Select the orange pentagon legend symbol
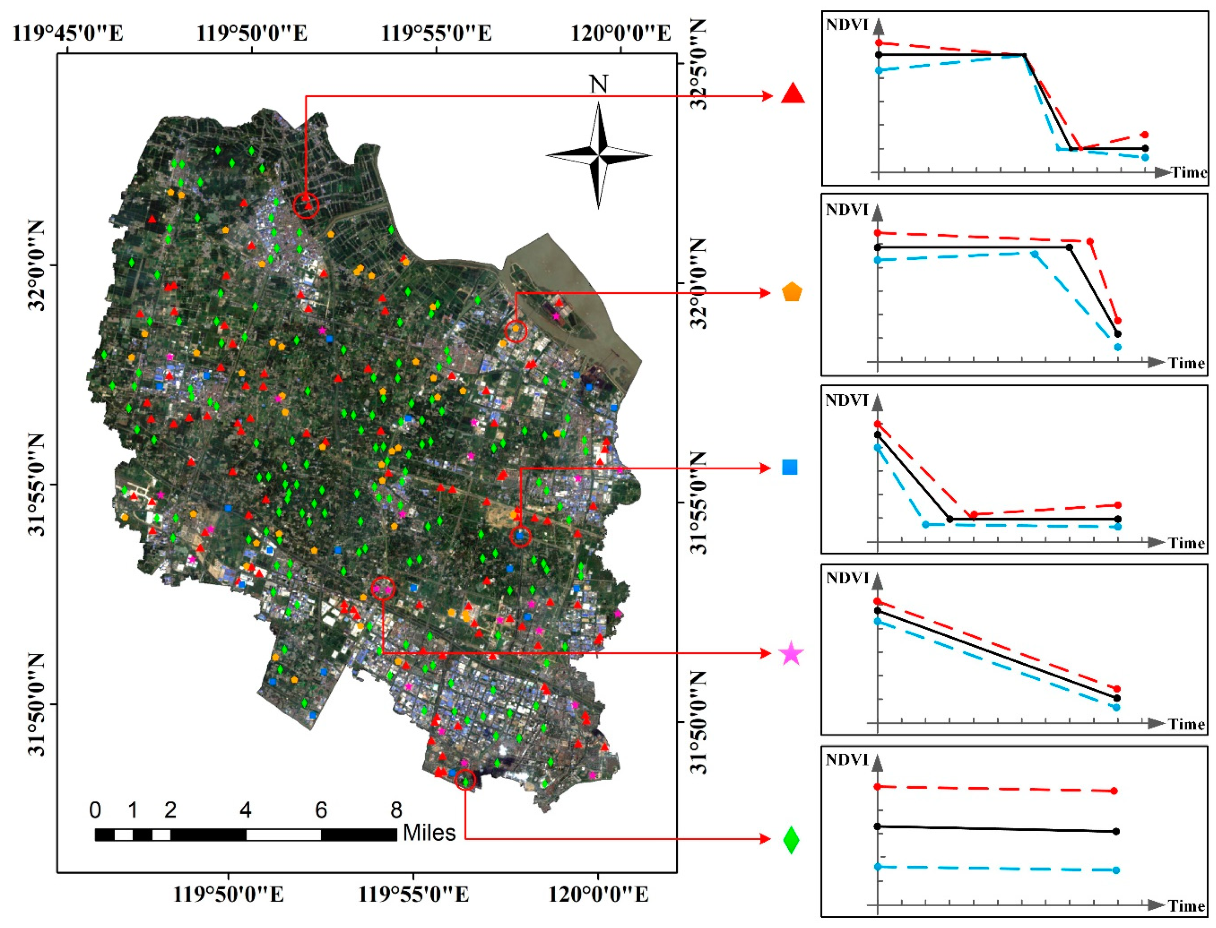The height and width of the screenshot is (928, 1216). tap(791, 292)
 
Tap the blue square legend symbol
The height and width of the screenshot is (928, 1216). tap(790, 467)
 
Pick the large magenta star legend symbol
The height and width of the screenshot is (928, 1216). tap(791, 654)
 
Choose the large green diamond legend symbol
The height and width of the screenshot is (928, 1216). tap(791, 840)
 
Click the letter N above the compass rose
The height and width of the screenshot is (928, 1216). tap(599, 84)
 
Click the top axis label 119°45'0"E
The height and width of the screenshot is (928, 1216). tap(67, 33)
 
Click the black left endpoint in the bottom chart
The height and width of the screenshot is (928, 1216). tap(878, 826)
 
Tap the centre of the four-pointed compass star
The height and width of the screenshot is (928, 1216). tap(599, 156)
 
